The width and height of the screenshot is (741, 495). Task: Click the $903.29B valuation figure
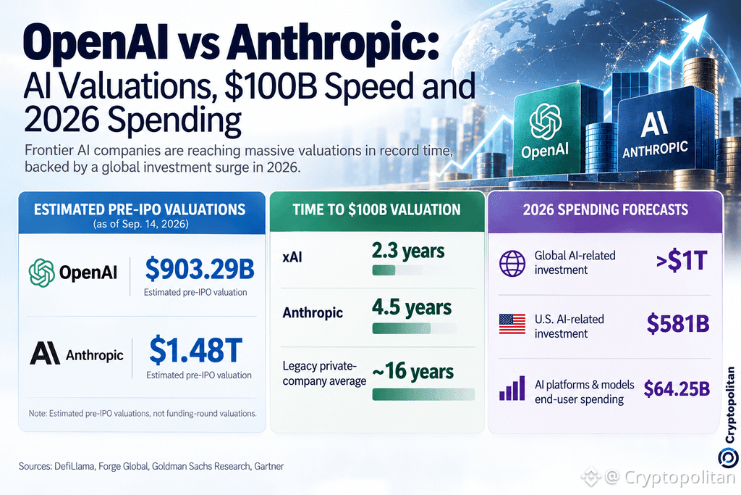click(x=200, y=269)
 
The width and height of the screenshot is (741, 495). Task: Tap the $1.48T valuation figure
click(x=195, y=350)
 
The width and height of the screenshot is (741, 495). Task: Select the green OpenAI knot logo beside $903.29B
click(x=41, y=273)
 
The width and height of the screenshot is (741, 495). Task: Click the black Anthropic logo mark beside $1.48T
click(x=45, y=354)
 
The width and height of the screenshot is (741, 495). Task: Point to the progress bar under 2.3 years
click(x=397, y=270)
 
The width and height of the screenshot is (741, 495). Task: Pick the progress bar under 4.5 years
click(x=415, y=328)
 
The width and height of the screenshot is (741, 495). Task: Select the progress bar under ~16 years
click(x=423, y=394)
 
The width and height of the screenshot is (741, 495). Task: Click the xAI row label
click(x=292, y=257)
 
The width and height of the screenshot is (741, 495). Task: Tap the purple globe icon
click(x=512, y=264)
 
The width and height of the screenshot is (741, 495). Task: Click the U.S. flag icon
click(x=512, y=324)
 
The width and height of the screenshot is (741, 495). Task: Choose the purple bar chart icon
click(x=512, y=388)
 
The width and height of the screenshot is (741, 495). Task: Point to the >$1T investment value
click(x=682, y=261)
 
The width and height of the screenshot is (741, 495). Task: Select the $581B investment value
click(x=678, y=324)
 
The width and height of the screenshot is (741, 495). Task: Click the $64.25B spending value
click(x=677, y=388)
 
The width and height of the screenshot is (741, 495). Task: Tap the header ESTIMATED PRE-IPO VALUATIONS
click(x=140, y=209)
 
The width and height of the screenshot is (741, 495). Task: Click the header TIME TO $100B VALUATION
click(x=376, y=209)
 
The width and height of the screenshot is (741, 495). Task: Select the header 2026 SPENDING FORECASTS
click(x=606, y=209)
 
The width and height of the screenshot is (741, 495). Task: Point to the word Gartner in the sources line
click(x=269, y=466)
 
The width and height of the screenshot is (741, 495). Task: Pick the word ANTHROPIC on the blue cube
click(x=655, y=149)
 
